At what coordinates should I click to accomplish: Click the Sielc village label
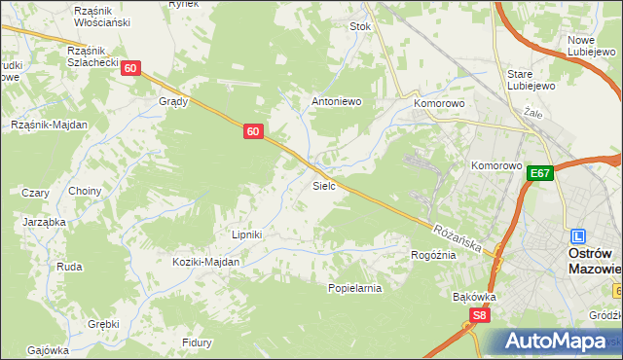click(x=324, y=185)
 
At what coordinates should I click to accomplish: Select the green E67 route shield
click(x=542, y=173)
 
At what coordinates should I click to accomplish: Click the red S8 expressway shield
click(x=478, y=315)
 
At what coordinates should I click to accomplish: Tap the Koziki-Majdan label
click(x=205, y=262)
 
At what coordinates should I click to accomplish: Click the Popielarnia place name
click(x=354, y=288)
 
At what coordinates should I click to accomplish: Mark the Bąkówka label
click(x=475, y=296)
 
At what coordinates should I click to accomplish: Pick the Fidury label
click(x=197, y=342)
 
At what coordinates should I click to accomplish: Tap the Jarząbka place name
click(x=44, y=222)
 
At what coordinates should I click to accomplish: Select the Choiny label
click(x=85, y=191)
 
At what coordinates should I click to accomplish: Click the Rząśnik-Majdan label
click(x=49, y=125)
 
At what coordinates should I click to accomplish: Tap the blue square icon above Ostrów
click(x=578, y=235)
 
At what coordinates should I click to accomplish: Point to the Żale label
click(x=532, y=113)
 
